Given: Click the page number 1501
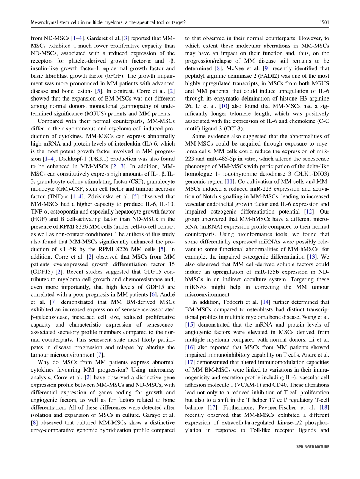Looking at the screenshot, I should coord(324,23).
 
